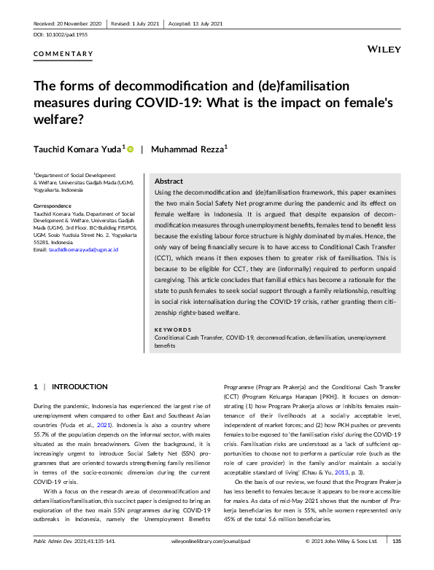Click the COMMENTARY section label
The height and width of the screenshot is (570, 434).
tap(63, 54)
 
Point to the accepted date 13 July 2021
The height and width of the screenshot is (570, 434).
tap(196, 23)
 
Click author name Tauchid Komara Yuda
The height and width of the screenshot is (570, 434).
tap(79, 149)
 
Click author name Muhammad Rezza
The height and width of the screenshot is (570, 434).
tap(188, 149)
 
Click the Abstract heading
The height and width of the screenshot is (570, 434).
tap(169, 181)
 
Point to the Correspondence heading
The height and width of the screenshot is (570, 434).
tap(53, 206)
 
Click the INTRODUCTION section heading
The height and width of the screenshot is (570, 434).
tap(80, 386)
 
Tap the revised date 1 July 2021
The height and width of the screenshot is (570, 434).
tap(137, 23)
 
